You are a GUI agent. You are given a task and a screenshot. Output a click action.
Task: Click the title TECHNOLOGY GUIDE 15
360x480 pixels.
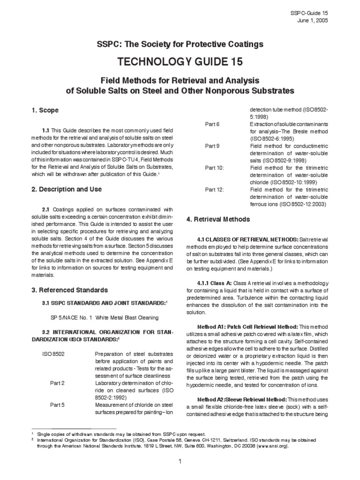tap(180, 63)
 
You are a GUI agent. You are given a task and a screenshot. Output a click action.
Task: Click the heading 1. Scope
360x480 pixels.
tap(45, 110)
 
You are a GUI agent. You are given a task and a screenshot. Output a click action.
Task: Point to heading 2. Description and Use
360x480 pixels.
tap(66, 189)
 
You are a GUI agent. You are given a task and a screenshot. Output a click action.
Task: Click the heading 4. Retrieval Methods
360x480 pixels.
tap(218, 219)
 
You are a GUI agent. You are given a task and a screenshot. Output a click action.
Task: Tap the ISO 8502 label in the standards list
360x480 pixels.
tap(54, 354)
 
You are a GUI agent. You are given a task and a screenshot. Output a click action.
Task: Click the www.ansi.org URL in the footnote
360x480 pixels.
tap(272, 447)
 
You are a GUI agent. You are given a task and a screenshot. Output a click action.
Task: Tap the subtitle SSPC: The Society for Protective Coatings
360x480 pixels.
tap(180, 44)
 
